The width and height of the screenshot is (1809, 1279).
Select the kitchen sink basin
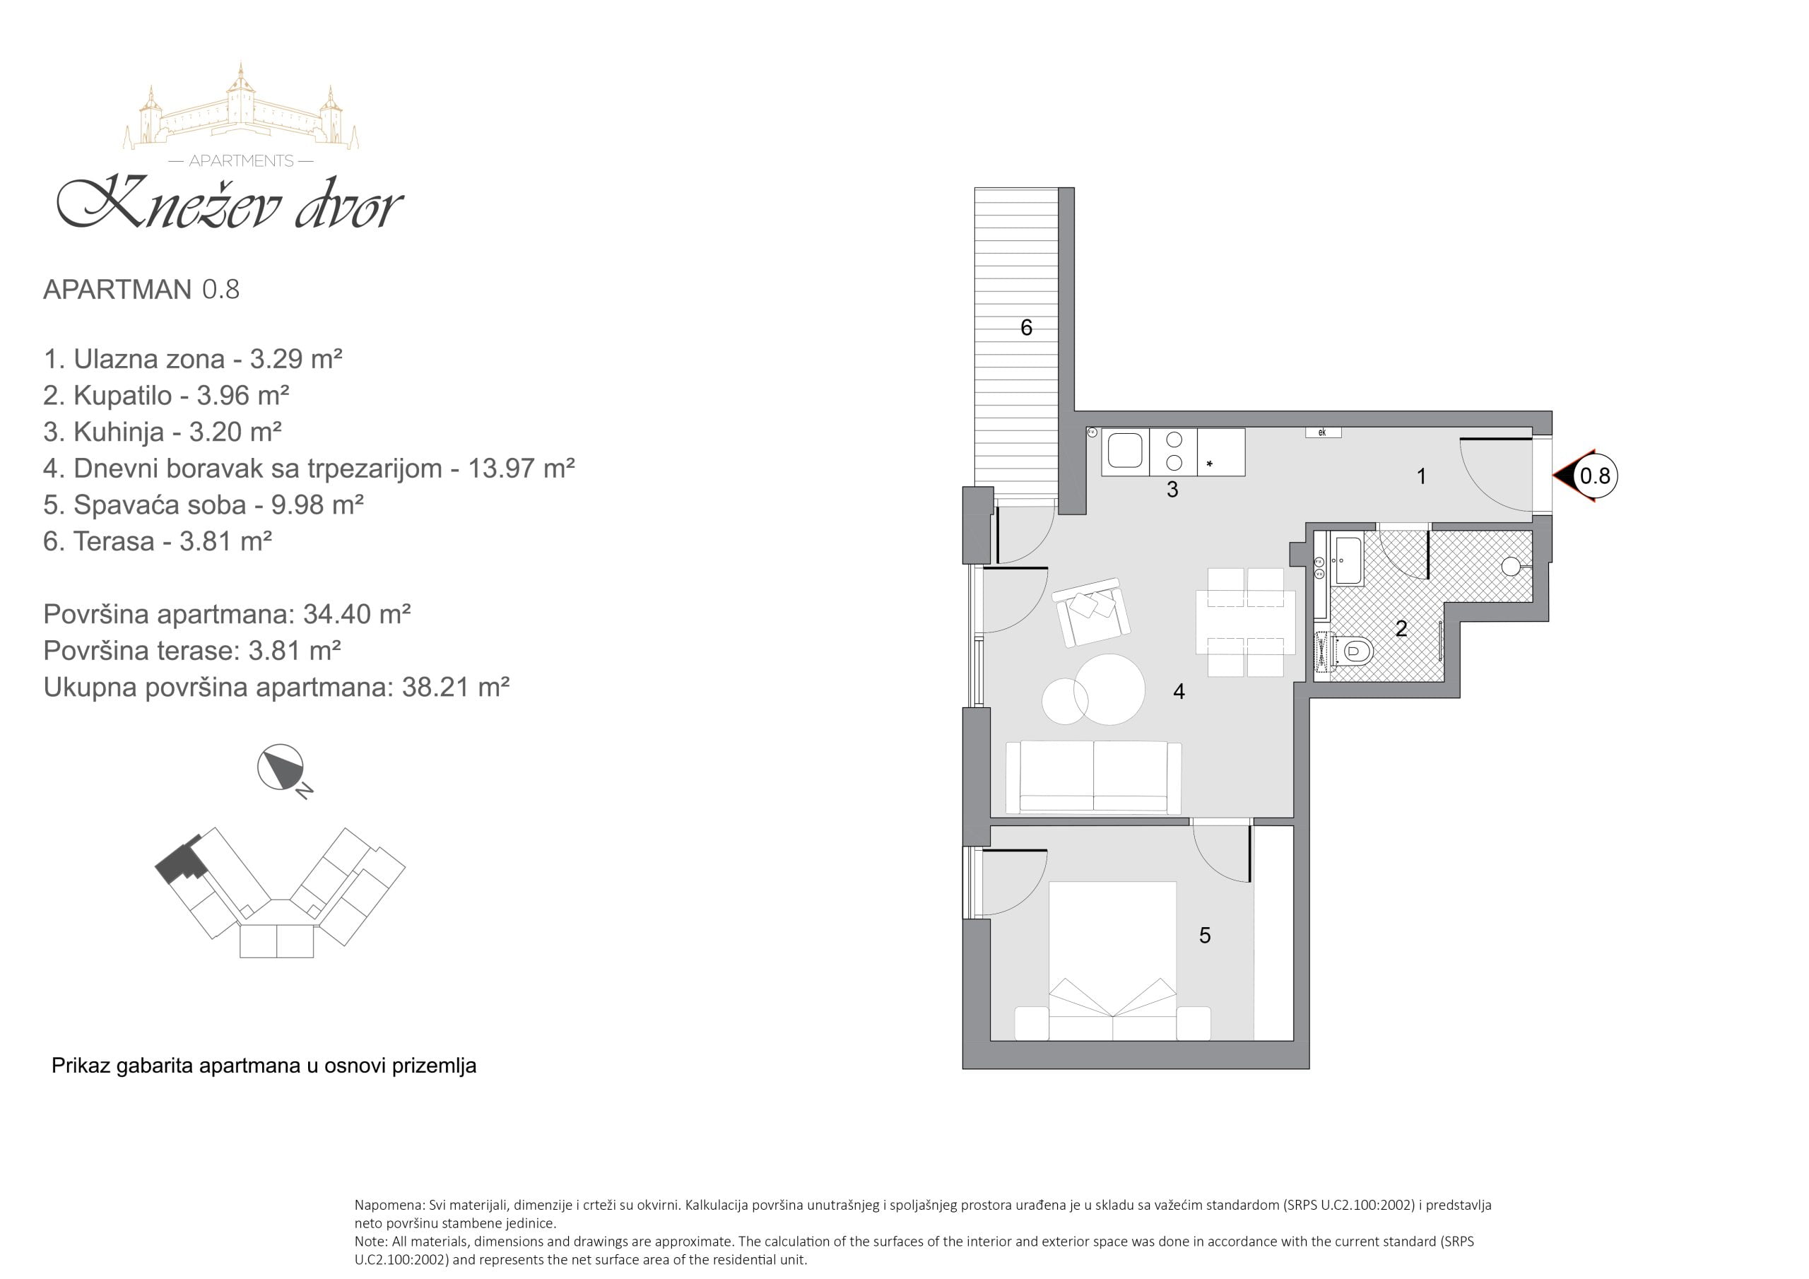coord(1124,451)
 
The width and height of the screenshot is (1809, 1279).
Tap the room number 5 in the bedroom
coord(1205,936)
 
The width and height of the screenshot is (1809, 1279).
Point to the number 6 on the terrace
coord(1026,328)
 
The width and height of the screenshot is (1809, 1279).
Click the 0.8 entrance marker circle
coord(1594,476)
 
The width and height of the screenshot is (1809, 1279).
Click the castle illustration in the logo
coord(241,107)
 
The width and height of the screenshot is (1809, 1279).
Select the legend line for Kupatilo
coord(166,395)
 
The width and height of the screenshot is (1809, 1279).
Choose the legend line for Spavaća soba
coord(204,505)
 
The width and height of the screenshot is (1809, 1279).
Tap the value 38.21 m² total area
coord(455,687)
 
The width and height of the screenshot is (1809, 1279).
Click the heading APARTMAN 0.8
coord(141,289)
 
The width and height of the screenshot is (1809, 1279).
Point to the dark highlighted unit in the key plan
coord(181,861)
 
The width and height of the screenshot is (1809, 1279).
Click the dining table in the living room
coord(1245,623)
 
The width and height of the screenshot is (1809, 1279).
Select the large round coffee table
coord(1109,690)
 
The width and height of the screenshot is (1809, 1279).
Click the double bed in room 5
coord(1112,962)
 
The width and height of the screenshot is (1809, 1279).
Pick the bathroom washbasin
coord(1347,560)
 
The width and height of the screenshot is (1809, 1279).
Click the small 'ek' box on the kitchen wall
coord(1323,432)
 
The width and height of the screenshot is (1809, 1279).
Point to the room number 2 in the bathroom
coord(1401,629)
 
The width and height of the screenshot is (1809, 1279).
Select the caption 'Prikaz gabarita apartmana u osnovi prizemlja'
coord(264,1066)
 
